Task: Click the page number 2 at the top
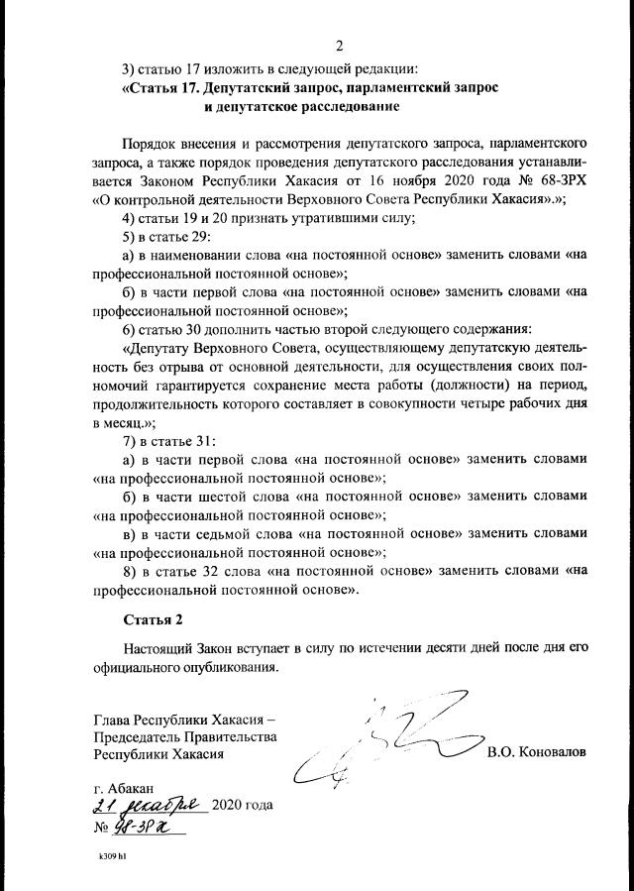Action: click(339, 46)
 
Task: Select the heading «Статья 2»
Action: click(154, 619)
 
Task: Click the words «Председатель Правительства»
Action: click(185, 736)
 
